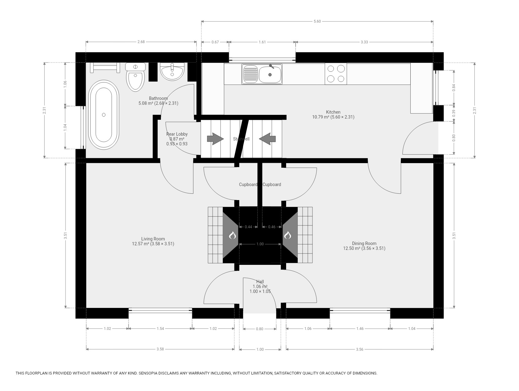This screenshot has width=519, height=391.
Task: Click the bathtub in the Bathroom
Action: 104,115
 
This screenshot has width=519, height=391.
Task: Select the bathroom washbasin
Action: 172,72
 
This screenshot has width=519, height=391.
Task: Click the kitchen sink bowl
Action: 270,75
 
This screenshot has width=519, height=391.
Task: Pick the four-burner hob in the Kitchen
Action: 336,74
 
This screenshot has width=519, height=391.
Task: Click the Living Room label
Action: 153,239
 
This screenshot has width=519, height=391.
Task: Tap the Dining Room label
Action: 364,243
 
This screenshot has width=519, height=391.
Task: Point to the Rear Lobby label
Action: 177,134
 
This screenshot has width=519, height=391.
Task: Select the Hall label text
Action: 260,282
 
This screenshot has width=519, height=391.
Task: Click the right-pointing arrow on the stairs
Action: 215,139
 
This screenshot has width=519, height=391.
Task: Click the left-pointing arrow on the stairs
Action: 267,139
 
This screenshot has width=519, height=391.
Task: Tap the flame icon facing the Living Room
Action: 232,235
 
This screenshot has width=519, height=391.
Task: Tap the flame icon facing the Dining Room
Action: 288,235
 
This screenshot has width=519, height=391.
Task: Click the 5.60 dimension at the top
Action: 317,21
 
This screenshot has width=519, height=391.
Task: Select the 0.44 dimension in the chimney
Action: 248,227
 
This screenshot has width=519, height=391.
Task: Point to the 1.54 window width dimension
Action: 160,329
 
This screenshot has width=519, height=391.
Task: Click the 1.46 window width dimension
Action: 360,329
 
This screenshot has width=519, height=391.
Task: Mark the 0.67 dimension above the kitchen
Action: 215,42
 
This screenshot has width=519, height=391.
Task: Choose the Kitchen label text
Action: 333,112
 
